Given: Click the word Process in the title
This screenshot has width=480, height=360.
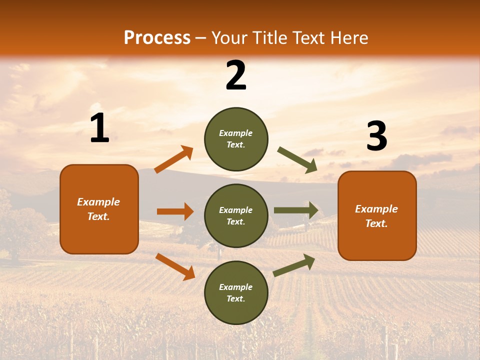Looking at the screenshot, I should pos(157,37).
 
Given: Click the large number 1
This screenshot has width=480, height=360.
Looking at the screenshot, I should pos(99,129).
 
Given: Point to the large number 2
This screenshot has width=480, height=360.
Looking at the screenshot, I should pos(236,76).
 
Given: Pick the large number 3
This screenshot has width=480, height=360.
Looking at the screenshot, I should pos(376,136).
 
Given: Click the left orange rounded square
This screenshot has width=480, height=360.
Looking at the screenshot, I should pos(99,209).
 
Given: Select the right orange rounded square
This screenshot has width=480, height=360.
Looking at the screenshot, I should pos(377,215).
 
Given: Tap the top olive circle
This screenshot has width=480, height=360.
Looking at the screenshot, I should pos(236,139).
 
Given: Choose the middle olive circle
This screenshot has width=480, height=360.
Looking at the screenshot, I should pos(236,215).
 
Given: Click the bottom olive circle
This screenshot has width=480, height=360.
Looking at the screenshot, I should pos(236,292).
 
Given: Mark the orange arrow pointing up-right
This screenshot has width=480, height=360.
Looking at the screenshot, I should pos(174,159).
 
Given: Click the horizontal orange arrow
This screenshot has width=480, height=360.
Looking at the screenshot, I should pos(175,211).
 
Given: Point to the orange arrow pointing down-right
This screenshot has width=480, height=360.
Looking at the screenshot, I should pos(175,266).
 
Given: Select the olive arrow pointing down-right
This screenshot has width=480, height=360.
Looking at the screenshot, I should pos(297,160).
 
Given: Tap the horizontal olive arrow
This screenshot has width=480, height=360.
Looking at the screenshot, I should pos(296,210).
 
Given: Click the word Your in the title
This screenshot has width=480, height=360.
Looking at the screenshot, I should pos(229,37).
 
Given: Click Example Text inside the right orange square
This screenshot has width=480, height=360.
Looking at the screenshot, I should pos(376,216).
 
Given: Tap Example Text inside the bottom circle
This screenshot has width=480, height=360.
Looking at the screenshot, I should pos(236,293).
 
